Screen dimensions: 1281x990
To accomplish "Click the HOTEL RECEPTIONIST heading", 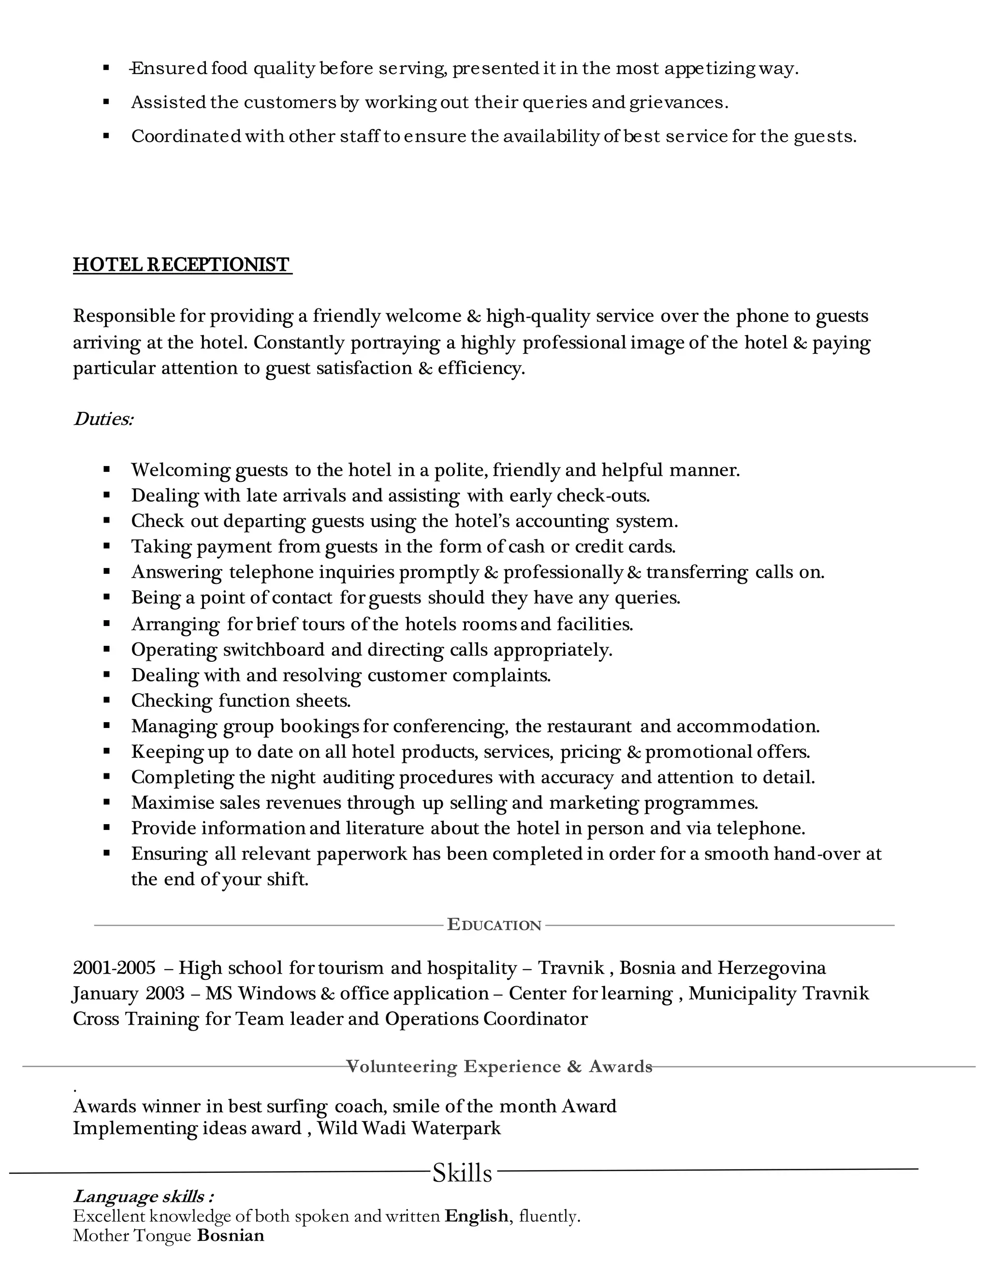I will (x=182, y=264).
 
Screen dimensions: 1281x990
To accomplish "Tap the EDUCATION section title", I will (x=494, y=925).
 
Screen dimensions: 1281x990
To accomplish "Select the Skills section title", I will (x=462, y=1173).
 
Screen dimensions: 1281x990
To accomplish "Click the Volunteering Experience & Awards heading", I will (x=499, y=1066).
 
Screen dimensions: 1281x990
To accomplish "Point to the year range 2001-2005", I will (x=115, y=967).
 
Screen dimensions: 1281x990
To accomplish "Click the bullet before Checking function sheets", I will (x=107, y=700).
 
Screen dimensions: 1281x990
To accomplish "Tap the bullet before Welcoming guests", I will (x=107, y=469).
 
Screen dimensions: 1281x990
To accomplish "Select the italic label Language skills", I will (x=143, y=1196).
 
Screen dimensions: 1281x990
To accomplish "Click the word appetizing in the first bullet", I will (x=710, y=69).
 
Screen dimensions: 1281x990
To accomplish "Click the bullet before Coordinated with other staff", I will (x=107, y=135).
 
